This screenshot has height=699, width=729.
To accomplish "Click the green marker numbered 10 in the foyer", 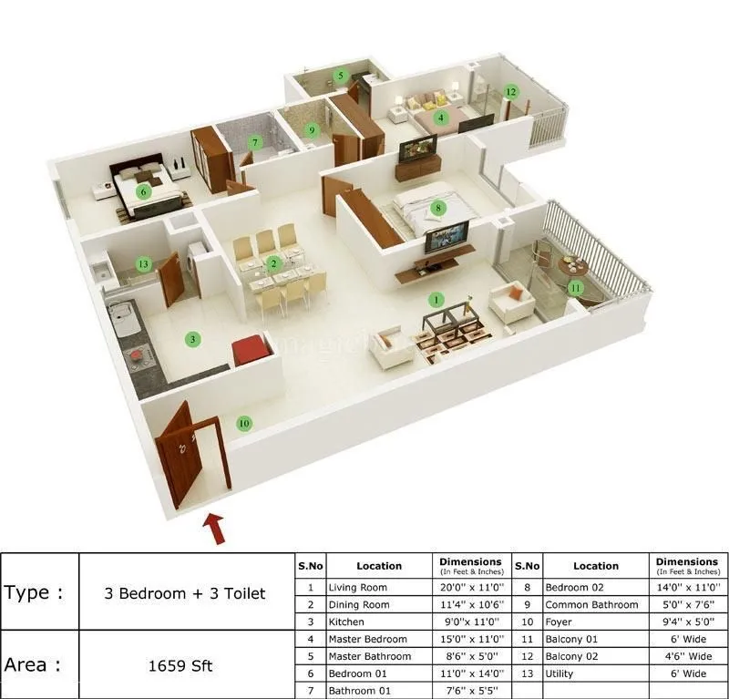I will point(243,423).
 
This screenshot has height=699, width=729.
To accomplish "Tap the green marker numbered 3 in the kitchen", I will point(192,339).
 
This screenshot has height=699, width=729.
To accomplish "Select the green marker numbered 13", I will point(143,264).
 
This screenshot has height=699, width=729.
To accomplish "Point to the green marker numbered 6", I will point(143,191).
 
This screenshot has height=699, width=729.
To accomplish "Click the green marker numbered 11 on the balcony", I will point(575,288).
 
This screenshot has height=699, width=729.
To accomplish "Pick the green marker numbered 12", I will point(511,91).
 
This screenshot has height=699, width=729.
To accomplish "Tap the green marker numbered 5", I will point(341,76).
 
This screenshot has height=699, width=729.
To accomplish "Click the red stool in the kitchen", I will point(249,350).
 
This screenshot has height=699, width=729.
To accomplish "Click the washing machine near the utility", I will point(196,262).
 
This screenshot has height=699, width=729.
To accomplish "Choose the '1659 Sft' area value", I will point(180,665).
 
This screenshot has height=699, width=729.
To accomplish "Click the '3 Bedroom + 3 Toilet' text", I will point(187,593).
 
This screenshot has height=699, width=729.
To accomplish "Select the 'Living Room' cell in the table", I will point(358,588).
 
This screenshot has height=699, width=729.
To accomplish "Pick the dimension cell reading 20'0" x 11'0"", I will point(469,588).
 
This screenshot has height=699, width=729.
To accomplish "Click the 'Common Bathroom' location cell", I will point(591,605).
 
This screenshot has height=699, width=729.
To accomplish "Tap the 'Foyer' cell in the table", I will point(560,622).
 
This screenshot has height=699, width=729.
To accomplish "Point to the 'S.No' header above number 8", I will point(528,565).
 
